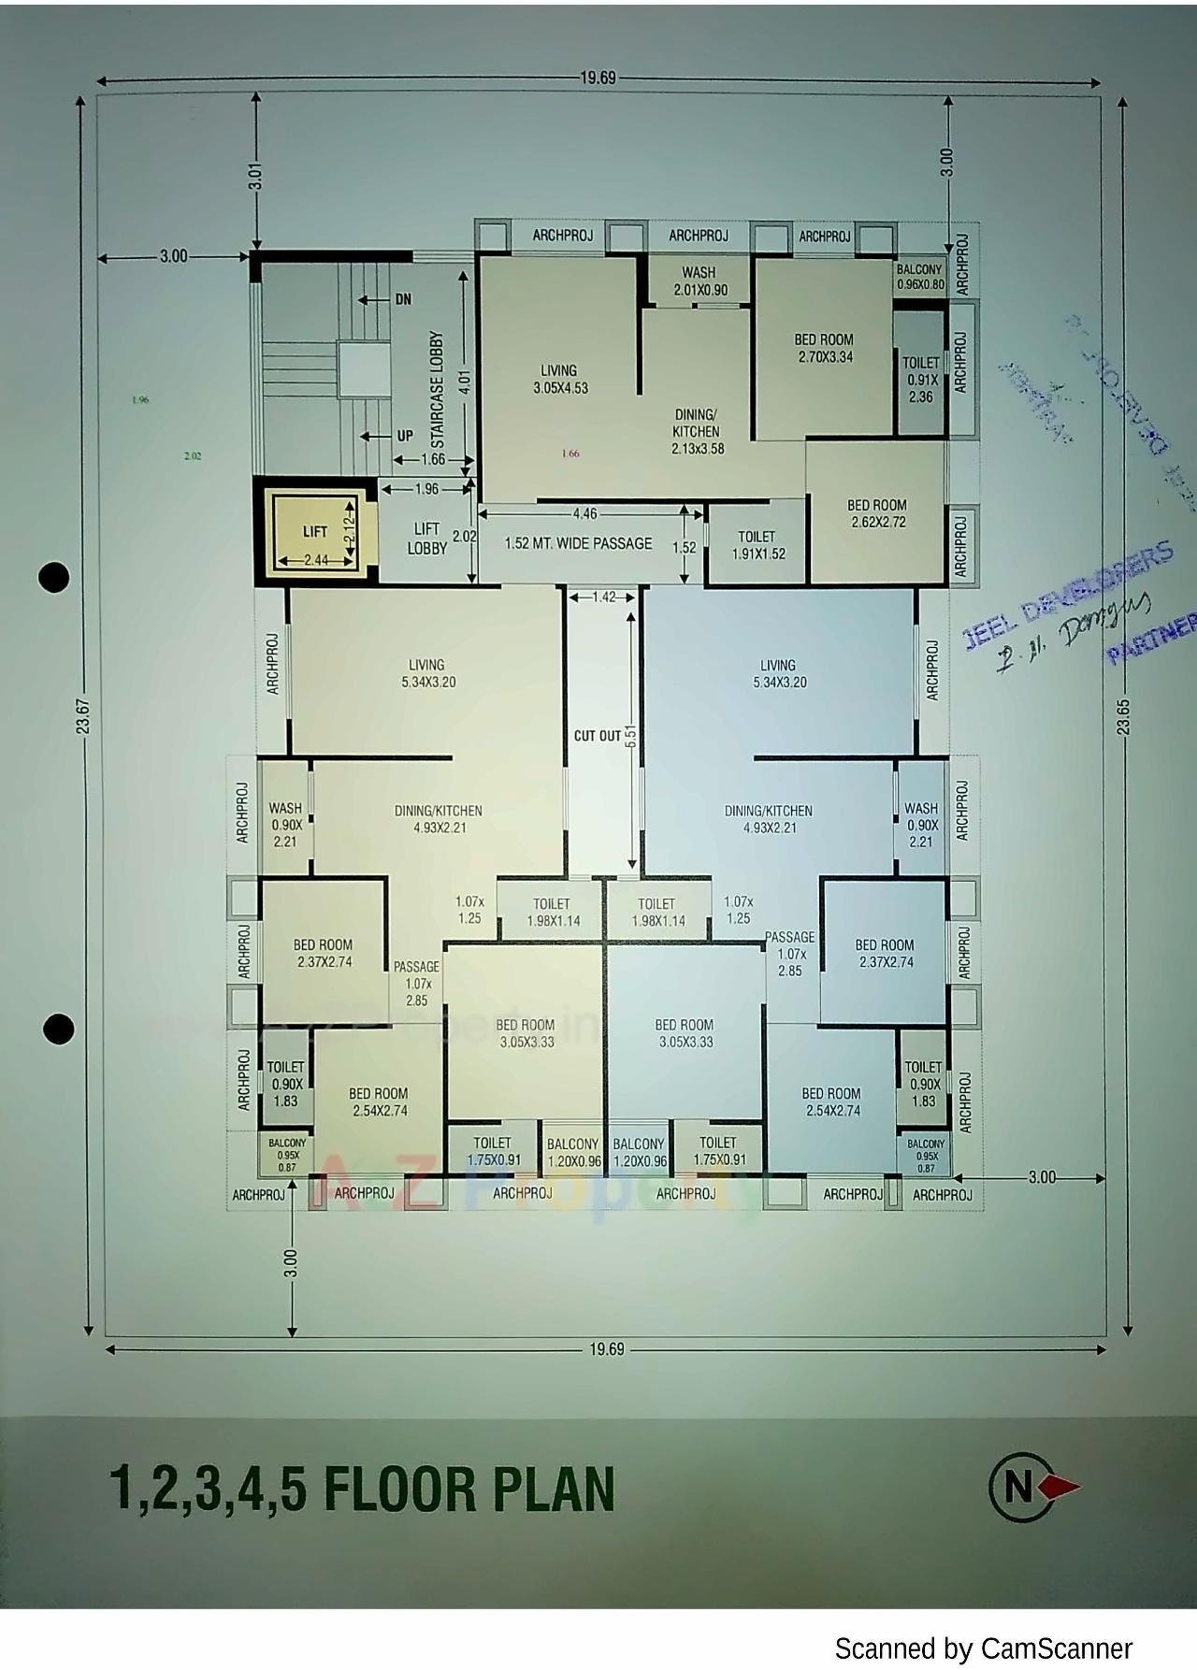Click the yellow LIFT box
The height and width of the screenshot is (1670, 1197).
[x=315, y=531]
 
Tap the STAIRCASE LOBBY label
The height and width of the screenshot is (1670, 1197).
[x=437, y=389]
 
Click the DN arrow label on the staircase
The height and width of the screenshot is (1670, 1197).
[x=403, y=299]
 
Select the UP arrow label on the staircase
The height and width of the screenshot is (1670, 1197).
[x=404, y=436]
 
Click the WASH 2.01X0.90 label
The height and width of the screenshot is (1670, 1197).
[x=699, y=281]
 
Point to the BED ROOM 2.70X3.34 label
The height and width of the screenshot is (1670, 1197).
[x=824, y=348]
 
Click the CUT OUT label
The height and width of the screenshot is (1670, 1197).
[x=597, y=736]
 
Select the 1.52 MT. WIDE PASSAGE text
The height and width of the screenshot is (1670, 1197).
[x=578, y=543]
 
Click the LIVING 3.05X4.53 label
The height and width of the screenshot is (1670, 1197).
[x=559, y=379]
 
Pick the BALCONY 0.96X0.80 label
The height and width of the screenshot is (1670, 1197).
[x=920, y=277]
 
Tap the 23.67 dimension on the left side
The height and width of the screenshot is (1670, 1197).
[x=82, y=715]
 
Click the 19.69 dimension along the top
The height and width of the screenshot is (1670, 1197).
[x=598, y=79]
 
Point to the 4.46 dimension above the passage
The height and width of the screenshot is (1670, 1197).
[x=585, y=513]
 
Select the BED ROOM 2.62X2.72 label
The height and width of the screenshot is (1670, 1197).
[x=876, y=513]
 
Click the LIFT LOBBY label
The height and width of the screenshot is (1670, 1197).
[x=426, y=539]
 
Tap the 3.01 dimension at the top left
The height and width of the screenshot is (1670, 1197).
[x=255, y=176]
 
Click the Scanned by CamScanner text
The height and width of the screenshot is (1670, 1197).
[x=982, y=1648]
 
